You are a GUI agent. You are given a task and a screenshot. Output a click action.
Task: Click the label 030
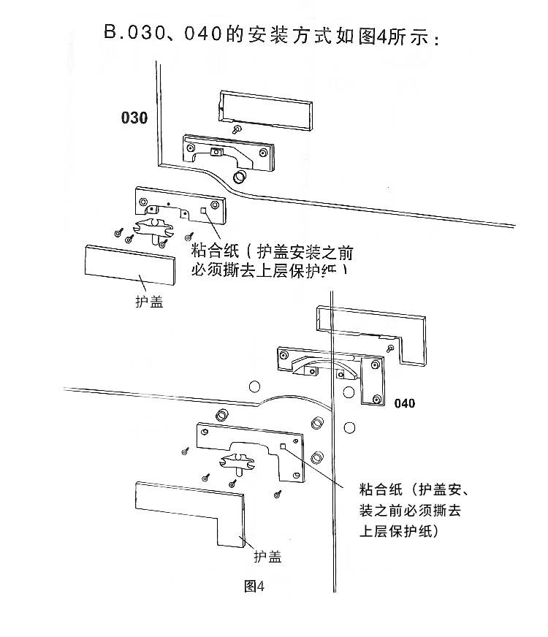coord(134,118)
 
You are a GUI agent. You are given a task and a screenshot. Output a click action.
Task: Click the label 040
coord(403,403)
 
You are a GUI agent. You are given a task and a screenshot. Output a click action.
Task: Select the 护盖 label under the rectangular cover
coord(149,301)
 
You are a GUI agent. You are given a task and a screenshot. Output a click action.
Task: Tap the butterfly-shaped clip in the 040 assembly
coord(237,460)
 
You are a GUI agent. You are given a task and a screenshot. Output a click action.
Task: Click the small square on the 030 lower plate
coord(204,211)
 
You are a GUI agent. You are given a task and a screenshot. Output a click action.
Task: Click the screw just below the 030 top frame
coord(236,129)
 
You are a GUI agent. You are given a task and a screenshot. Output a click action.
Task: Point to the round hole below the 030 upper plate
coord(239,178)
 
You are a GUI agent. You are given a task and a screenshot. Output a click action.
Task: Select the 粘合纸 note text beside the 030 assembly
coord(271,262)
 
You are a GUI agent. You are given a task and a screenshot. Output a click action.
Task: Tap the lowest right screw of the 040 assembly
coord(278,494)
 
